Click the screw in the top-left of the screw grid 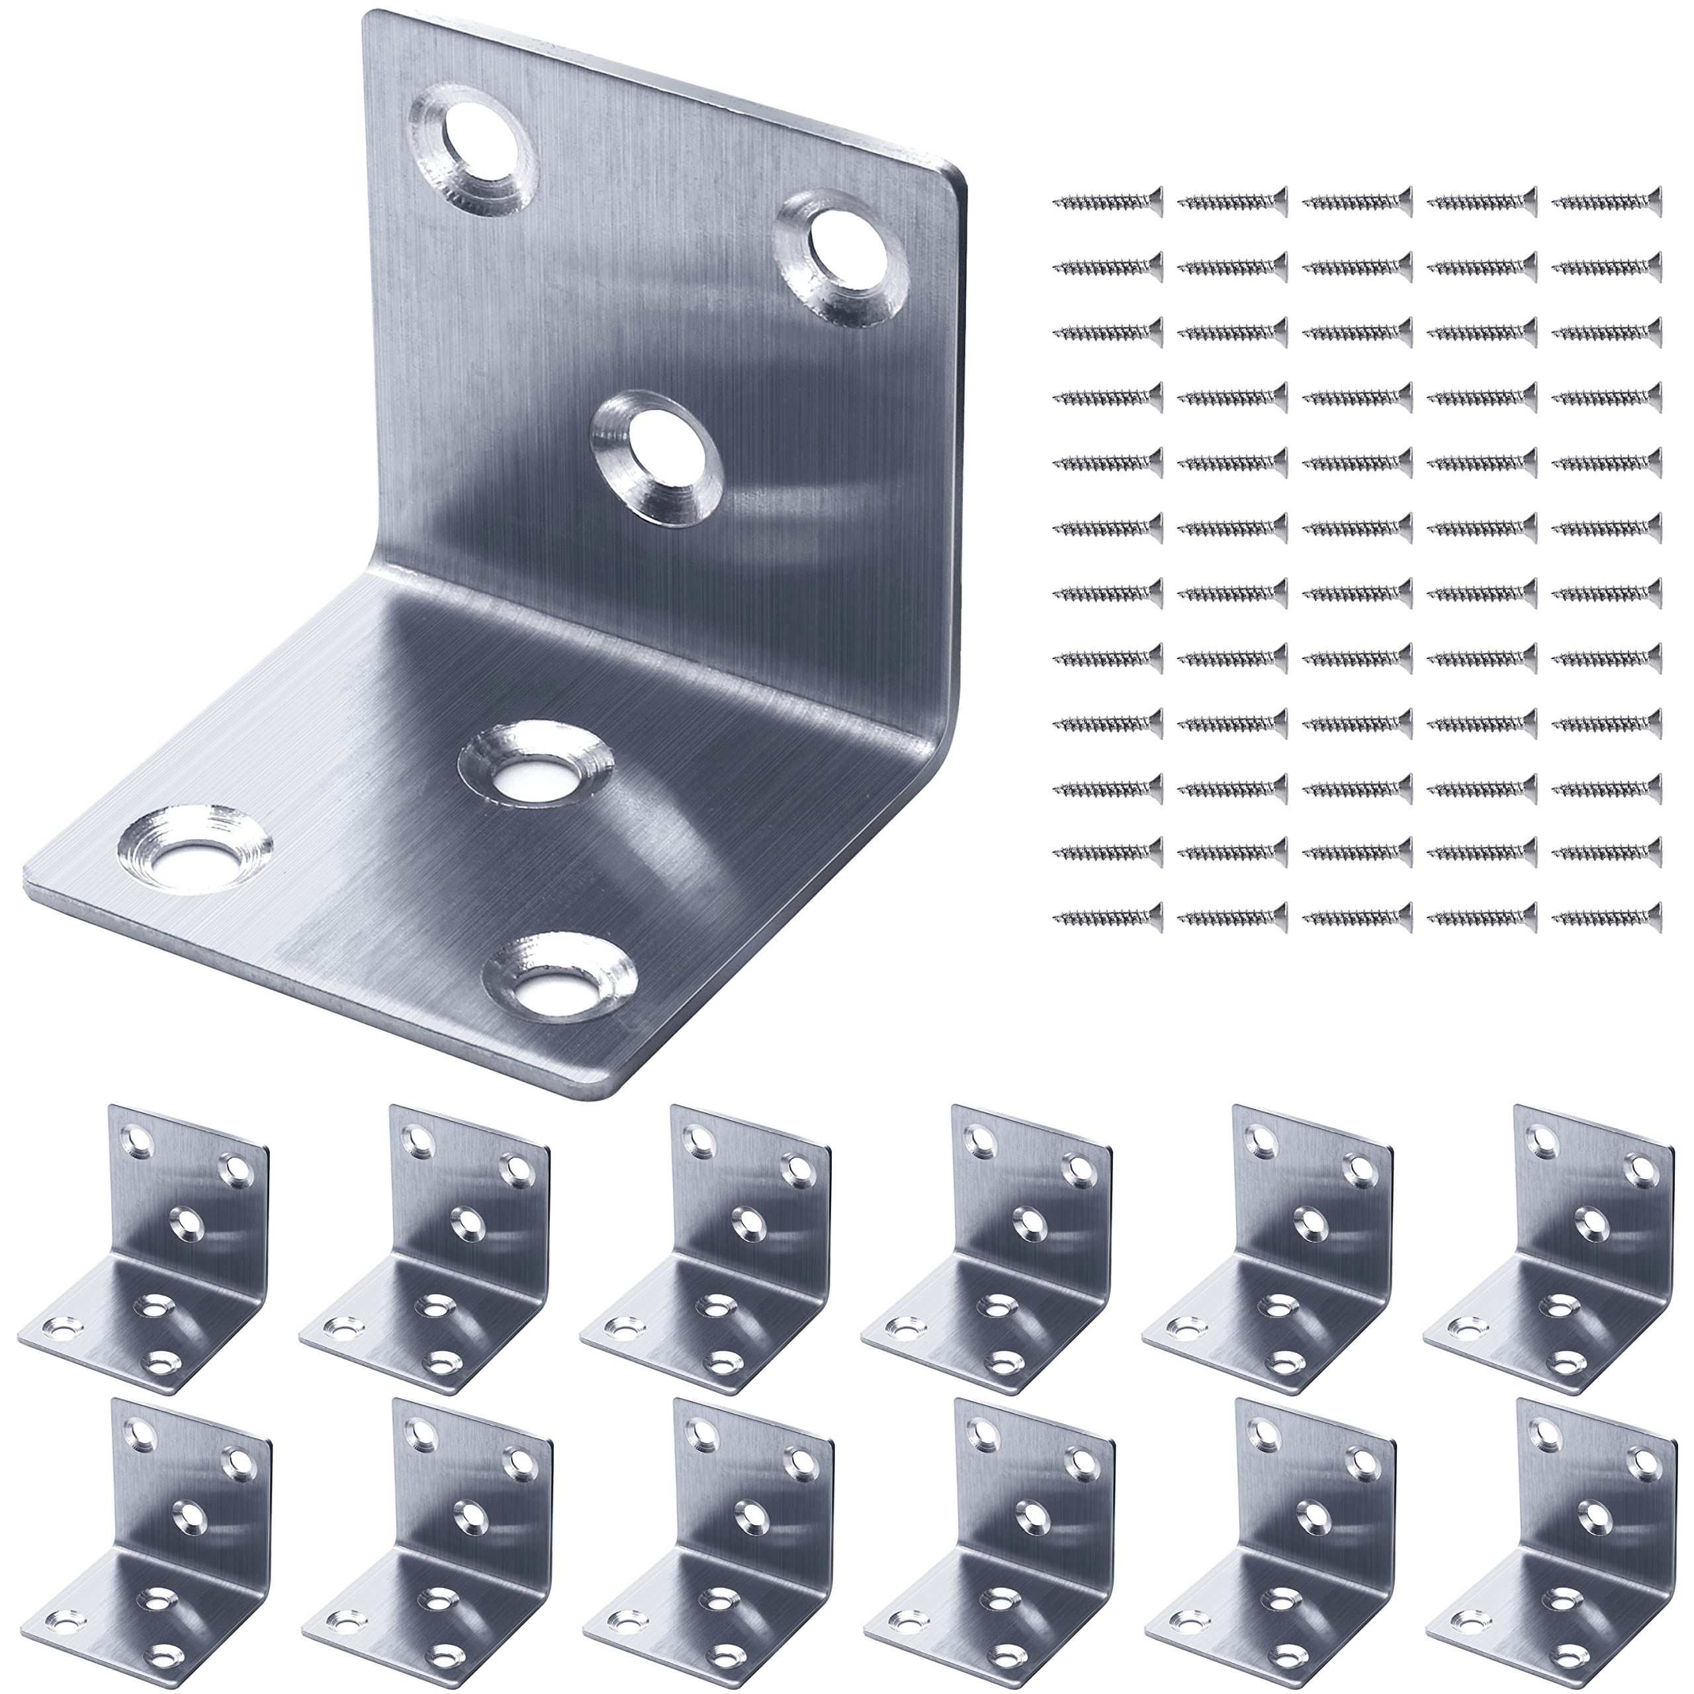click(1108, 202)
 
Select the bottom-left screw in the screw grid click(1108, 917)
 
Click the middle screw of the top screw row click(1357, 202)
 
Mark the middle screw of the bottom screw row click(1357, 917)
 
